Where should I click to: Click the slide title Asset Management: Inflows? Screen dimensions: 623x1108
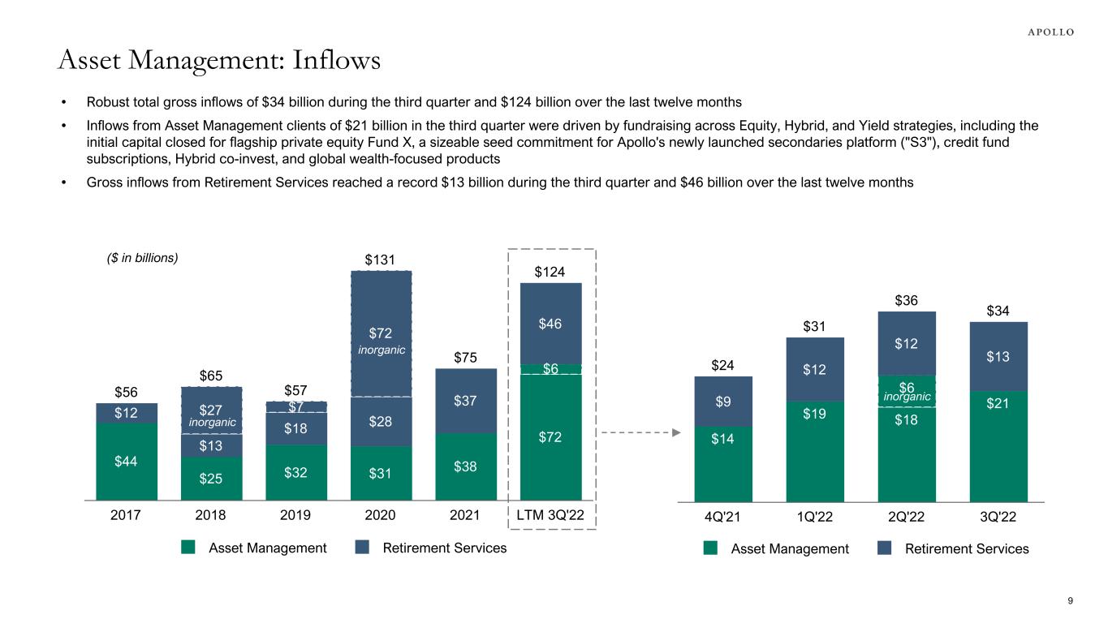(219, 59)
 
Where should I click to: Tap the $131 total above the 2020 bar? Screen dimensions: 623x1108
(380, 260)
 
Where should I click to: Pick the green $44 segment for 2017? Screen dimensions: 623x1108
(127, 461)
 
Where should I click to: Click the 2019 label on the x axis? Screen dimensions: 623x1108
(296, 514)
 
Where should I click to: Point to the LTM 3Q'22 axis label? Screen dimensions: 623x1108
(551, 514)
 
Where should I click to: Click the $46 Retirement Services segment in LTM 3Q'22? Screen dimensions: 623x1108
(550, 324)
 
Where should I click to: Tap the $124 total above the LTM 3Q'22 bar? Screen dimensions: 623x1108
(550, 272)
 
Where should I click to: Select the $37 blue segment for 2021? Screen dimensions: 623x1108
(466, 401)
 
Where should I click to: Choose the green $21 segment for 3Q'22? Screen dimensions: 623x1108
(998, 446)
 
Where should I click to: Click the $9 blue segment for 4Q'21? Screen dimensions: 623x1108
(723, 401)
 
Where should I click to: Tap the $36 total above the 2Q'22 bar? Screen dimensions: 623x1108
(907, 300)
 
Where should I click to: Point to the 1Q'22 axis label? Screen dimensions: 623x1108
(815, 515)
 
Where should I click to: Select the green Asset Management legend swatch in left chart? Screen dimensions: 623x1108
(188, 548)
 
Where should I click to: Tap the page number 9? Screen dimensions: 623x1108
(1071, 600)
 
